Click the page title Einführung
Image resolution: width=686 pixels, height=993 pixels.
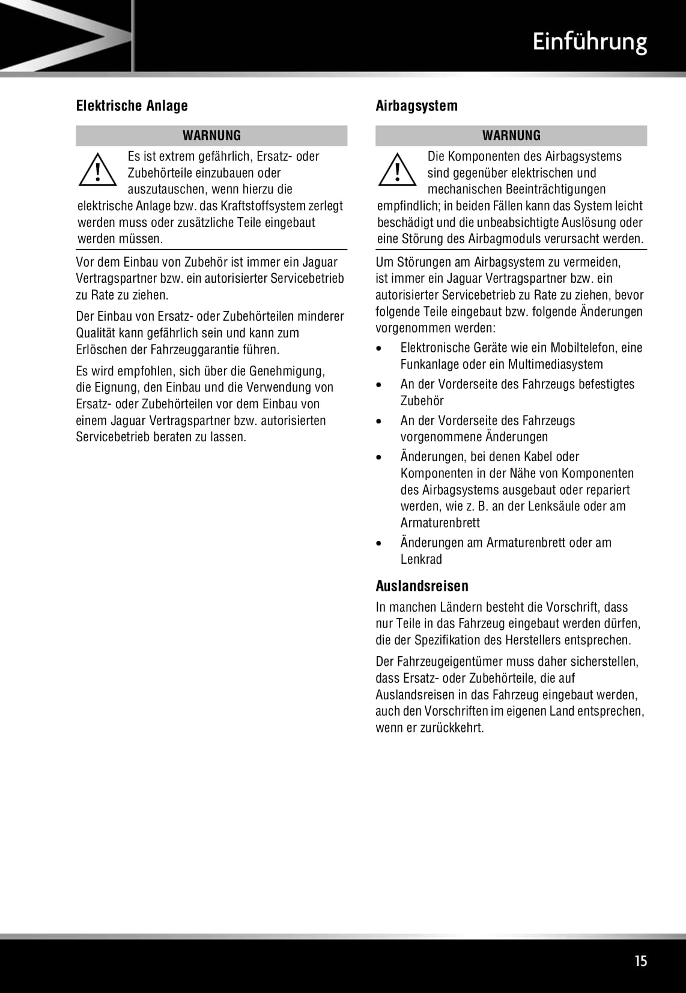589,42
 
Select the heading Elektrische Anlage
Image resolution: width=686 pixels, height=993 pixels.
132,106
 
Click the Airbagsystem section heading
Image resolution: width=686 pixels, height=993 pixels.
416,106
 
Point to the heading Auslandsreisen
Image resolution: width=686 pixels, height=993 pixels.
422,586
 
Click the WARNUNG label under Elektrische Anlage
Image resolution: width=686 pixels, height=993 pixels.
211,136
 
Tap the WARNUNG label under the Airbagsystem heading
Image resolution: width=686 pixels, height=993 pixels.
511,136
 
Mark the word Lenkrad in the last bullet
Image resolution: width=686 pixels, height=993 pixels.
421,560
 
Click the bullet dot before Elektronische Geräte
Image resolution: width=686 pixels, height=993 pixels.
378,348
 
